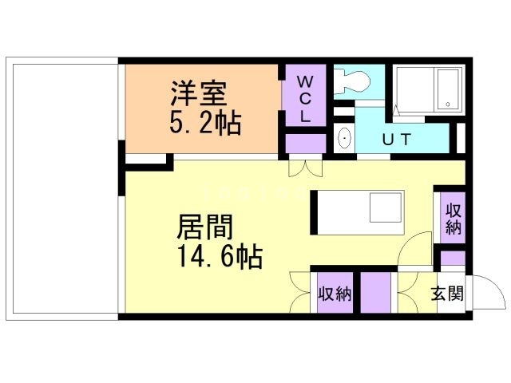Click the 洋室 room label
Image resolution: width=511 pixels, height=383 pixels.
198,94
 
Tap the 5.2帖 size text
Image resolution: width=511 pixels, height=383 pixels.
204,124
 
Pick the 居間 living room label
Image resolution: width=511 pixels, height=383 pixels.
204,227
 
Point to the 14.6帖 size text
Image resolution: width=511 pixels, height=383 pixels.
216,257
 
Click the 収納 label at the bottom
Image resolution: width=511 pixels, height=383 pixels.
335,294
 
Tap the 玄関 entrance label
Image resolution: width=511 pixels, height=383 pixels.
448,294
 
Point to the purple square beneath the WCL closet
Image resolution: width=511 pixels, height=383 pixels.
305,144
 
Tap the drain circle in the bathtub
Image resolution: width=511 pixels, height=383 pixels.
448,104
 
